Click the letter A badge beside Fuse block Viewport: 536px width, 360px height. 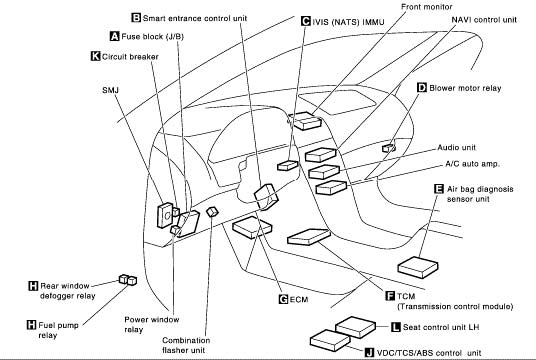(115, 36)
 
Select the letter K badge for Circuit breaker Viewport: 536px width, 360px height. (95, 56)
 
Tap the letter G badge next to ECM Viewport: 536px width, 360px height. (283, 299)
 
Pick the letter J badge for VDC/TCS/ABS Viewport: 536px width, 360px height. (369, 352)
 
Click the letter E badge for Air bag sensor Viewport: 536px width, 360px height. (439, 189)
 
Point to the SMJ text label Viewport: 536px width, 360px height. (110, 90)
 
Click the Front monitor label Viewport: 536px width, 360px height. (427, 7)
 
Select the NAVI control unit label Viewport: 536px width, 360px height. (484, 20)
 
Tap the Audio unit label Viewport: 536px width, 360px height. (457, 147)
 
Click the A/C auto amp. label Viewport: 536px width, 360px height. (472, 164)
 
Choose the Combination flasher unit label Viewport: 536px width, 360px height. (186, 345)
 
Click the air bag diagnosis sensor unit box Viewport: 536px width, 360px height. (418, 267)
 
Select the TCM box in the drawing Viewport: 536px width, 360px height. (309, 237)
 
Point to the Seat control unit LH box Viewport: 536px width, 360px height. (356, 327)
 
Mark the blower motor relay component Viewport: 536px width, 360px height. (389, 148)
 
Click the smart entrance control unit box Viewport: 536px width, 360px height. (266, 196)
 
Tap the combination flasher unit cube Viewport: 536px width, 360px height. (212, 212)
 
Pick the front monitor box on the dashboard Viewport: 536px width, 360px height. (305, 121)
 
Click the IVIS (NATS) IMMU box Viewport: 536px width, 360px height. (287, 165)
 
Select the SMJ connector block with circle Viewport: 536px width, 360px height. (165, 215)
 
